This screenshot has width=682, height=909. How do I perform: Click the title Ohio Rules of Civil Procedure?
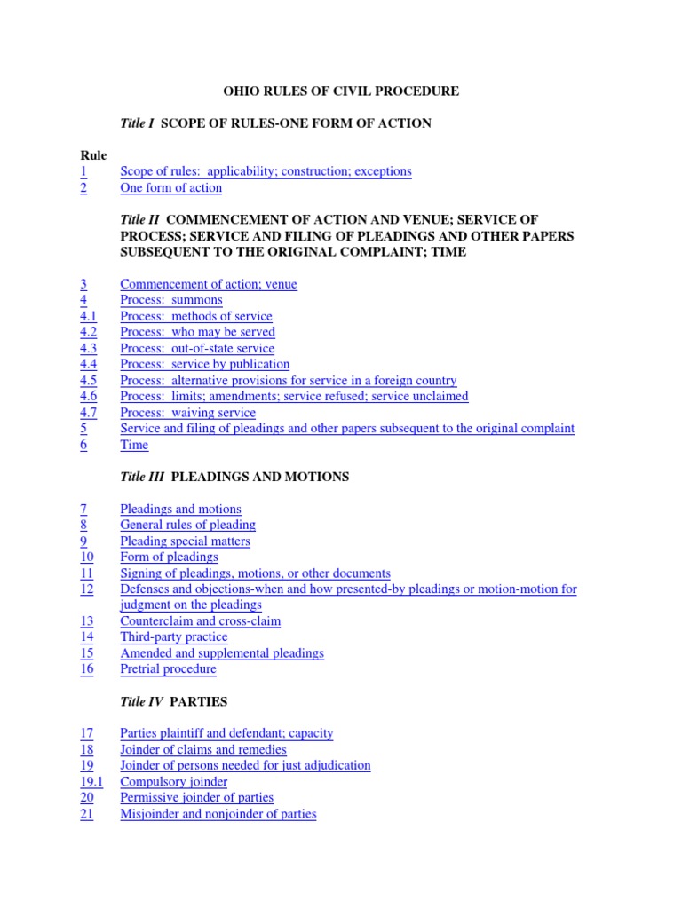tap(340, 91)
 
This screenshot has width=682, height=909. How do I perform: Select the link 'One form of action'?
tap(170, 187)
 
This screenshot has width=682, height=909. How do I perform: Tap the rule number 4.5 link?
tap(88, 380)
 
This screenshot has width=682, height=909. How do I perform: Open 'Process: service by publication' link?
tap(204, 364)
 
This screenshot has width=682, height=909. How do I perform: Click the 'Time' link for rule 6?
tap(134, 445)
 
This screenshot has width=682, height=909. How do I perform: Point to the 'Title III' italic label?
tap(142, 477)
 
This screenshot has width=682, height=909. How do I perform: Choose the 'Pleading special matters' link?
tap(185, 541)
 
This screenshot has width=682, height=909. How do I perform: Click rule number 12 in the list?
tap(86, 589)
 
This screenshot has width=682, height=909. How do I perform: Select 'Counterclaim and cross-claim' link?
tap(200, 621)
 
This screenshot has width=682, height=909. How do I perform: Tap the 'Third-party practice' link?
tap(173, 637)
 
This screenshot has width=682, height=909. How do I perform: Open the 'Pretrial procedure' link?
tap(168, 669)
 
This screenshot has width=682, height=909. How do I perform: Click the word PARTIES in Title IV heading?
tap(199, 701)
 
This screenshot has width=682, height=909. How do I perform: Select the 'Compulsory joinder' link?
tap(173, 782)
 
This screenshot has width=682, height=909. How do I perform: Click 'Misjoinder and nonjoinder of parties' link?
tap(218, 814)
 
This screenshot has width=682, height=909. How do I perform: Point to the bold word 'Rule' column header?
tap(93, 155)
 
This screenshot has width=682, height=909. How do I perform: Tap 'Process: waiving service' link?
tap(187, 413)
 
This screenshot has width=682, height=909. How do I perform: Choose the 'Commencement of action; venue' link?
tap(208, 284)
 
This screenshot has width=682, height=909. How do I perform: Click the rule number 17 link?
tap(86, 733)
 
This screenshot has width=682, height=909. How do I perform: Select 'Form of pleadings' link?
tap(169, 557)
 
